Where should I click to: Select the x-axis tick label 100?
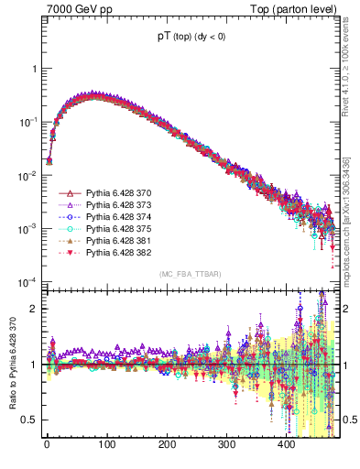tap(106, 444)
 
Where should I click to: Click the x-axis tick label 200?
tap(166, 444)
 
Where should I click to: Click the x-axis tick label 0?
tap(47, 444)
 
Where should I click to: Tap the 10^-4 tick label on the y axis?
tap(27, 281)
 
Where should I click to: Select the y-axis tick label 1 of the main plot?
tap(34, 69)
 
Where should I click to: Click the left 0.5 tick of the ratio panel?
tap(29, 420)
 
